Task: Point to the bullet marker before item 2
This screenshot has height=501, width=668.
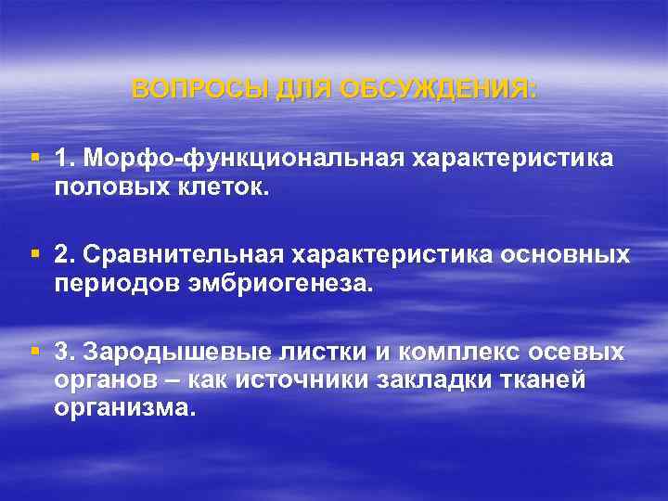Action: (36, 253)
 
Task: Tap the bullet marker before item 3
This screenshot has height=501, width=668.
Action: (36, 351)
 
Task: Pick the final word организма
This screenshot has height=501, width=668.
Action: (124, 408)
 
